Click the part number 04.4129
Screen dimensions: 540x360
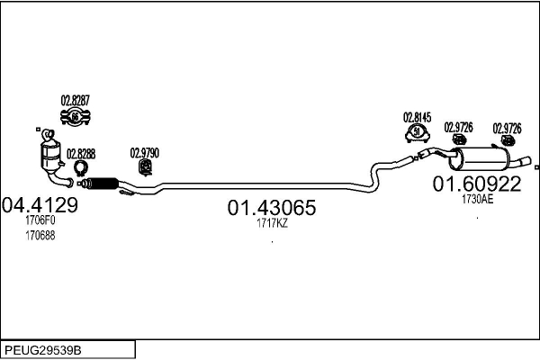(40, 205)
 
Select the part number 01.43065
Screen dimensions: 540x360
(272, 208)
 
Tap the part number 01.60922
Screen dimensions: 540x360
(477, 184)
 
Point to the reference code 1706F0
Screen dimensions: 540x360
(40, 220)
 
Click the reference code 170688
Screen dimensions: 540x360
(40, 236)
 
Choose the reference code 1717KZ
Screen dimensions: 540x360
(272, 223)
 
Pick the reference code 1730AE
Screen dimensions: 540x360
(477, 199)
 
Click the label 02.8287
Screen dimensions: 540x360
(75, 101)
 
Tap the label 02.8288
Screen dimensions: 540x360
(81, 154)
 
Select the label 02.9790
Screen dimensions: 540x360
(145, 153)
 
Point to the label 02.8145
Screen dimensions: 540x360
(417, 118)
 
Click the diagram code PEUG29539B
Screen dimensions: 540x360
(43, 350)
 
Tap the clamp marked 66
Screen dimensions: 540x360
(75, 117)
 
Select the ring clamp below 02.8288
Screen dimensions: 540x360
(81, 168)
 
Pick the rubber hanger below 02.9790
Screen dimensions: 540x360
(146, 167)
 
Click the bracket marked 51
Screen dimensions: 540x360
(417, 133)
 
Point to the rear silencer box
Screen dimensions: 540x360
(480, 158)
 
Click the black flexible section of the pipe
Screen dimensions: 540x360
(103, 184)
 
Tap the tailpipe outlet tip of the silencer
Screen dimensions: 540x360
(526, 161)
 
